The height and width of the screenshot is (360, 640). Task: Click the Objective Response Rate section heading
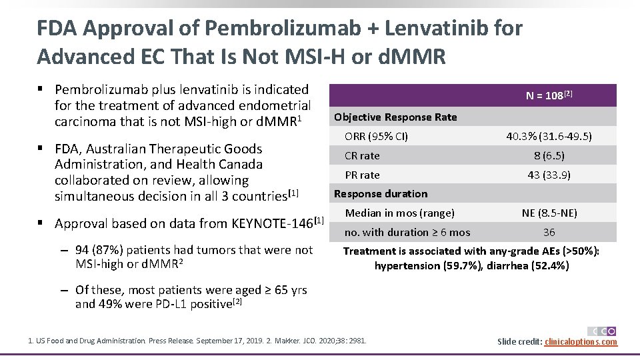(x=395, y=117)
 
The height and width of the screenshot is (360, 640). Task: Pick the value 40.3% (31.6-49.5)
(x=549, y=137)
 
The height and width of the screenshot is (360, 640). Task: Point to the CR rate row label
(x=362, y=156)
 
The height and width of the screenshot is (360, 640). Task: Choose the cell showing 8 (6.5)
(x=549, y=156)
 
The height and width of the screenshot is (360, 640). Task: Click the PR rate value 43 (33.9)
(x=549, y=175)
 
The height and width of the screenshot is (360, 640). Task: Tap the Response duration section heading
(x=380, y=194)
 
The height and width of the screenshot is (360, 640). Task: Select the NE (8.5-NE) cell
(x=549, y=213)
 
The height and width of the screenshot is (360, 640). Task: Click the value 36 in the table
(x=549, y=233)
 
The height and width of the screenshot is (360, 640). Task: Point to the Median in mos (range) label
(x=399, y=213)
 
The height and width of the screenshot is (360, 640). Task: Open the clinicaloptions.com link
(x=581, y=342)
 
